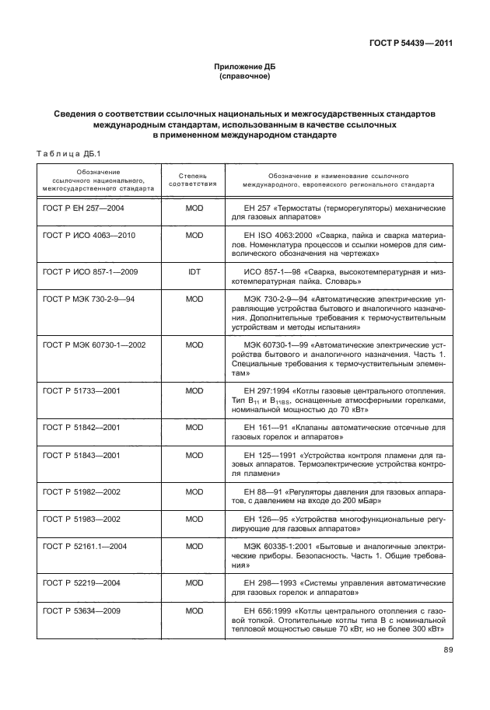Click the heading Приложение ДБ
[244, 68]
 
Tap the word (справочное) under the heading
[244, 78]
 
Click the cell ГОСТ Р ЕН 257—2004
[83, 209]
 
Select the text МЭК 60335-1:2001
[278, 546]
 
